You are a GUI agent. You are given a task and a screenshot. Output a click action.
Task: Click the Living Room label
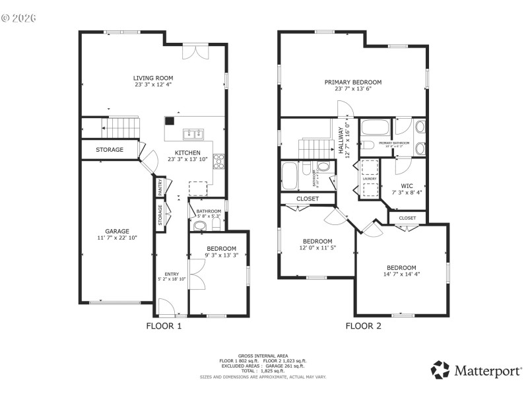[153, 78]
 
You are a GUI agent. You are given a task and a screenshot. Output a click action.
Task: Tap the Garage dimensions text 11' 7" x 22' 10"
[117, 238]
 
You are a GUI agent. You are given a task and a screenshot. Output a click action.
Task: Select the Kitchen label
[187, 152]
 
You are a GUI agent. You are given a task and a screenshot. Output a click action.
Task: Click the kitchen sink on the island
[193, 134]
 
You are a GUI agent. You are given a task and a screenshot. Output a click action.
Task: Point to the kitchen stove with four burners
[218, 161]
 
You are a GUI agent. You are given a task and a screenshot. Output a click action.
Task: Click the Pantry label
[160, 187]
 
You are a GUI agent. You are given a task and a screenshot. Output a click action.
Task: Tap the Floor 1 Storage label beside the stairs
[110, 150]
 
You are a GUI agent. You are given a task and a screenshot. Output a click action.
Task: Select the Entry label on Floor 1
[171, 274]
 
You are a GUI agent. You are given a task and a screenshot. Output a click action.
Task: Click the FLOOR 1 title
[163, 326]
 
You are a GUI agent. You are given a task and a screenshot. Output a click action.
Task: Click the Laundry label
[369, 178]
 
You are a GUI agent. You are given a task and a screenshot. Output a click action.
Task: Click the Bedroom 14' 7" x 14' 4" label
[401, 268]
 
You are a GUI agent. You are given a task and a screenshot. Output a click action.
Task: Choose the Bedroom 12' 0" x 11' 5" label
[317, 242]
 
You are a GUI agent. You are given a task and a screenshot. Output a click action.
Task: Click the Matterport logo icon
[440, 370]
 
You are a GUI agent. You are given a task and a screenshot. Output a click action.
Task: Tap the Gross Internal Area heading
[263, 356]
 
